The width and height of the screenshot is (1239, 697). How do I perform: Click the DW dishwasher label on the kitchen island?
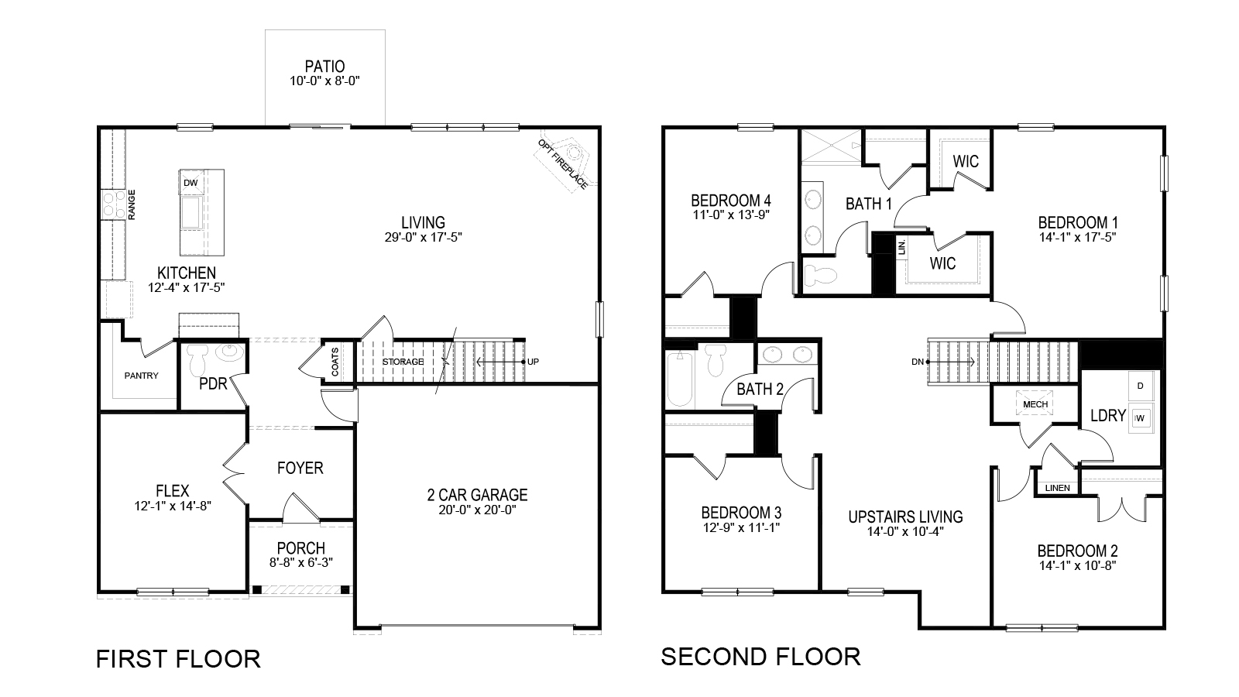click(x=190, y=183)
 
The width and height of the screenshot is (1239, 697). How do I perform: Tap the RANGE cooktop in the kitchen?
click(x=113, y=204)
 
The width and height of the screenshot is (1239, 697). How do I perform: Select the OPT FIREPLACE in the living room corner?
click(x=566, y=161)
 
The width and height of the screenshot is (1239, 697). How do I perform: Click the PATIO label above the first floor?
click(x=324, y=67)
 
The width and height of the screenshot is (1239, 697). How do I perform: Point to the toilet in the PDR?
click(x=197, y=359)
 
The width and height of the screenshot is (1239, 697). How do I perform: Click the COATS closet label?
click(x=335, y=362)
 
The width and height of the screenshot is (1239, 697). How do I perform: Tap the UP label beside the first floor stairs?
click(x=533, y=362)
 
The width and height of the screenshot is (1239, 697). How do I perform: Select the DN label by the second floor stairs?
click(x=917, y=362)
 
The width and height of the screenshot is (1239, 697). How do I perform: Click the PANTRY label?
click(x=141, y=376)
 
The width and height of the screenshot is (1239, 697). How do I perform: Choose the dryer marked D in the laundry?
click(x=1140, y=386)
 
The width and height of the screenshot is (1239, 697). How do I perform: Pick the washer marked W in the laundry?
click(x=1140, y=418)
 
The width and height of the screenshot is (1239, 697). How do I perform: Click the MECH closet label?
click(x=1035, y=404)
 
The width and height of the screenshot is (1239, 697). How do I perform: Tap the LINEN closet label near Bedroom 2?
click(x=1057, y=488)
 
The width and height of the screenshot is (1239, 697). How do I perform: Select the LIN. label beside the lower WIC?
click(x=901, y=247)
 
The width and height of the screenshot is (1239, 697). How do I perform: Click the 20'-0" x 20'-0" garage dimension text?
click(x=477, y=510)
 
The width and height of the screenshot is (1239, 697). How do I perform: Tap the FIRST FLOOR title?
click(x=178, y=659)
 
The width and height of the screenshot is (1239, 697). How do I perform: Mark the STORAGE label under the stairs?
click(x=403, y=362)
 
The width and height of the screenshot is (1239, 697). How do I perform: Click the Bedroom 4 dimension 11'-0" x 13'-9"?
click(x=731, y=215)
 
